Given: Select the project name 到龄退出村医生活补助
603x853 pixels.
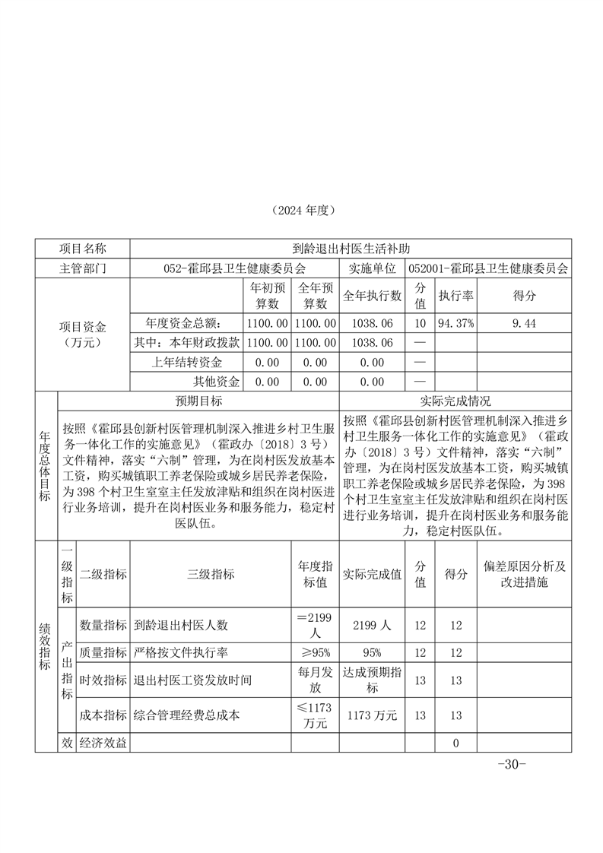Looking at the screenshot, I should (x=351, y=249).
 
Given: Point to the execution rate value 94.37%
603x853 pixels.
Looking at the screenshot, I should (x=455, y=323).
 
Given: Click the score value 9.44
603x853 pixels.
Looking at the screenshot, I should (x=525, y=323).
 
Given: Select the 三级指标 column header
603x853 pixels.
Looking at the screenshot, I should (x=210, y=574).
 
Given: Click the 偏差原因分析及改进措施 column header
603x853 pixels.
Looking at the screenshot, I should (x=525, y=574).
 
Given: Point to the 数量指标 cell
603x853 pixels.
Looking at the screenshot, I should (x=103, y=625).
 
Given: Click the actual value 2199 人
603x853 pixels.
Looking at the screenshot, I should (x=372, y=625).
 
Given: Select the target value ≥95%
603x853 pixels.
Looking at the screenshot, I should (x=315, y=652).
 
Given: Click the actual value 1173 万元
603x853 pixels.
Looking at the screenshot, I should (x=372, y=715).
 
